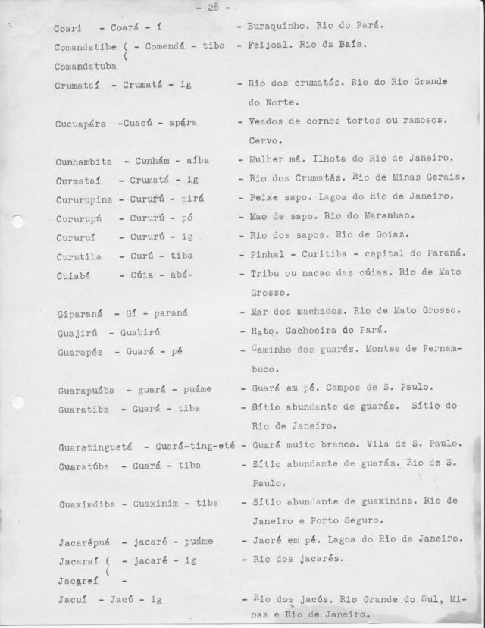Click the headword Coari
click(x=69, y=28)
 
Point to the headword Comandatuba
click(x=85, y=66)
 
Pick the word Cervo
click(x=264, y=140)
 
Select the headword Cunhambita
click(x=83, y=162)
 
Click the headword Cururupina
click(x=83, y=199)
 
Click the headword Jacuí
click(x=70, y=599)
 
